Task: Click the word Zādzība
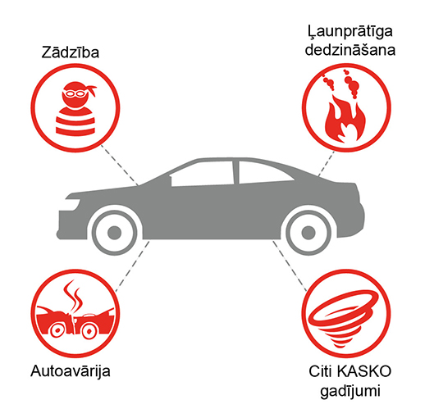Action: point(71,52)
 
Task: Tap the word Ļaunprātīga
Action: point(350,32)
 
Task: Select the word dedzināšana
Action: point(350,50)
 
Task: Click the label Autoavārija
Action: point(71,371)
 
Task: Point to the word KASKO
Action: point(364,371)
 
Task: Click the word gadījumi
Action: point(350,392)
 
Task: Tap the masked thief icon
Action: point(75,108)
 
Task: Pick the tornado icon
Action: point(344,318)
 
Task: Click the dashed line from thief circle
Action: point(120,165)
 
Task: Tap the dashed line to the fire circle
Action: point(327,164)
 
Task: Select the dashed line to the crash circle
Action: point(132,266)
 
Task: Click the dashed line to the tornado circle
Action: point(290,266)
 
